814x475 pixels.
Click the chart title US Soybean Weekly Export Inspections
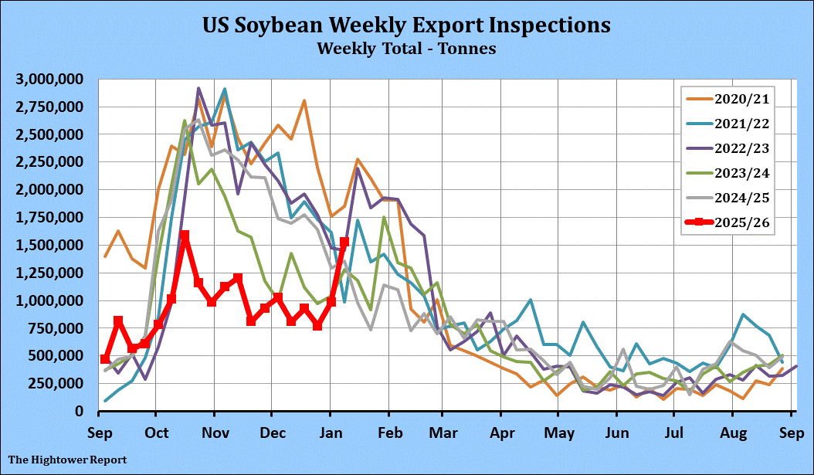pos(406,25)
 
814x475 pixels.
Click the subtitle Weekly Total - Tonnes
pos(406,48)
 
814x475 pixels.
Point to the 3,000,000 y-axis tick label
pos(51,79)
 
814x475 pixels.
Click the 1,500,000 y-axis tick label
pos(51,245)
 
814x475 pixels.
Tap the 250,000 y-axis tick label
pos(57,383)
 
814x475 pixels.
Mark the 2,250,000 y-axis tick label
pos(51,162)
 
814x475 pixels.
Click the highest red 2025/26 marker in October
pos(185,236)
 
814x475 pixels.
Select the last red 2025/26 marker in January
pos(344,242)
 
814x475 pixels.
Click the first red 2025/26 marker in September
pos(105,359)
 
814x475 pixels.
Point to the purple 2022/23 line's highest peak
pos(198,89)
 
